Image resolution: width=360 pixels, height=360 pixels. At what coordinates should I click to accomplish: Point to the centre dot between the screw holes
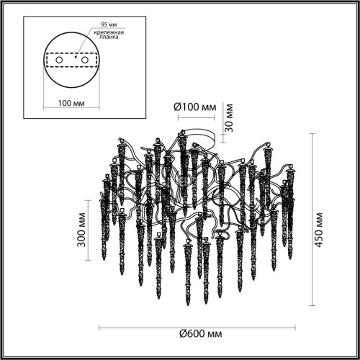coord(71,55)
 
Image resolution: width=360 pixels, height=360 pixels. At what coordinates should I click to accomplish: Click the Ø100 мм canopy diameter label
coord(194,107)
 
